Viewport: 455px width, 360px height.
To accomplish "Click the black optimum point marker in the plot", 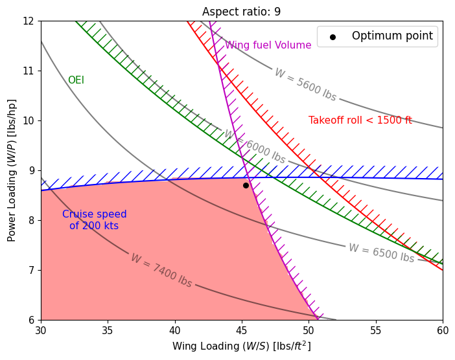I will click(x=246, y=185).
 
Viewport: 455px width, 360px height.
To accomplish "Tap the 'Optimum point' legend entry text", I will click(x=392, y=36).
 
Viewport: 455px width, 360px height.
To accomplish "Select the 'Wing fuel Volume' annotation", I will click(x=268, y=45).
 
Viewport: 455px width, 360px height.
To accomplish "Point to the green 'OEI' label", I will click(x=76, y=80).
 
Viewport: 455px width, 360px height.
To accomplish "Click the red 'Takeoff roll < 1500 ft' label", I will click(x=360, y=120).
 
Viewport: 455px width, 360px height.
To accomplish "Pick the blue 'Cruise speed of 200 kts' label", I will click(x=95, y=220).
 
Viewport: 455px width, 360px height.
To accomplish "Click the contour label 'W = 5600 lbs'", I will click(x=305, y=85).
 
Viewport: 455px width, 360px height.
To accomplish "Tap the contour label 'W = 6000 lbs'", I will click(x=254, y=147).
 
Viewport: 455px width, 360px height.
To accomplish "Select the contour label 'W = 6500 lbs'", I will click(x=381, y=253).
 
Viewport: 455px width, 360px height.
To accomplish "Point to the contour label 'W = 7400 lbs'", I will click(x=161, y=270).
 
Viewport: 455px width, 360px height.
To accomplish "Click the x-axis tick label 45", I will click(x=242, y=329).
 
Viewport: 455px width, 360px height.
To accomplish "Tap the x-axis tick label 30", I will click(x=41, y=329).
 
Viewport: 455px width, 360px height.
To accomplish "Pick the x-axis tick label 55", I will click(x=376, y=329).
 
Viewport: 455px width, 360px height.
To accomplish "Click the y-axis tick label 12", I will click(x=29, y=21).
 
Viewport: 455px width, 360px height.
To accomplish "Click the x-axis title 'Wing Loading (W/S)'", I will click(x=241, y=346).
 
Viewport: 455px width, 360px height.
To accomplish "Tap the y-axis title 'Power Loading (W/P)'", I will click(x=12, y=170).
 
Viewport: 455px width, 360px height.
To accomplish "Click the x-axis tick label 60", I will click(x=443, y=329).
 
